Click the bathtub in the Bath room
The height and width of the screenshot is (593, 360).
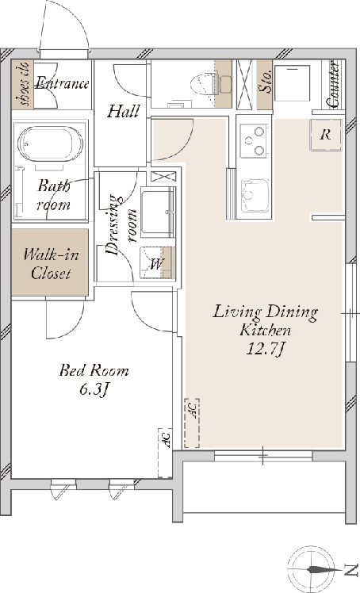click(x=50, y=143)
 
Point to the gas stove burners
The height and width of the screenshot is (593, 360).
click(x=254, y=141)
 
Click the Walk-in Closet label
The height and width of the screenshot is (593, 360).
click(x=51, y=263)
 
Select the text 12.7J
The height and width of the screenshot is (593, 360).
click(x=265, y=350)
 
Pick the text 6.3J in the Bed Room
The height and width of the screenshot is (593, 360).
click(x=94, y=389)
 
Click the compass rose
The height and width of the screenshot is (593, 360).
click(x=312, y=568)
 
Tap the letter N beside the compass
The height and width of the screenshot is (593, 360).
click(x=351, y=568)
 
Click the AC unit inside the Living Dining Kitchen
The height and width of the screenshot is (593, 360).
click(x=192, y=423)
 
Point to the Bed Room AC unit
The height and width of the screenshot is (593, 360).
click(x=165, y=453)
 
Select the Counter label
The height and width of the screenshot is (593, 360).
click(x=334, y=84)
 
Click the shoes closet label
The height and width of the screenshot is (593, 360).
click(x=22, y=84)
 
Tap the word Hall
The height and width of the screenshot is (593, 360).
click(x=123, y=111)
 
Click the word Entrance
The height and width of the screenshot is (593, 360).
click(x=62, y=82)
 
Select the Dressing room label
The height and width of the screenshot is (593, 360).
click(x=121, y=225)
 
